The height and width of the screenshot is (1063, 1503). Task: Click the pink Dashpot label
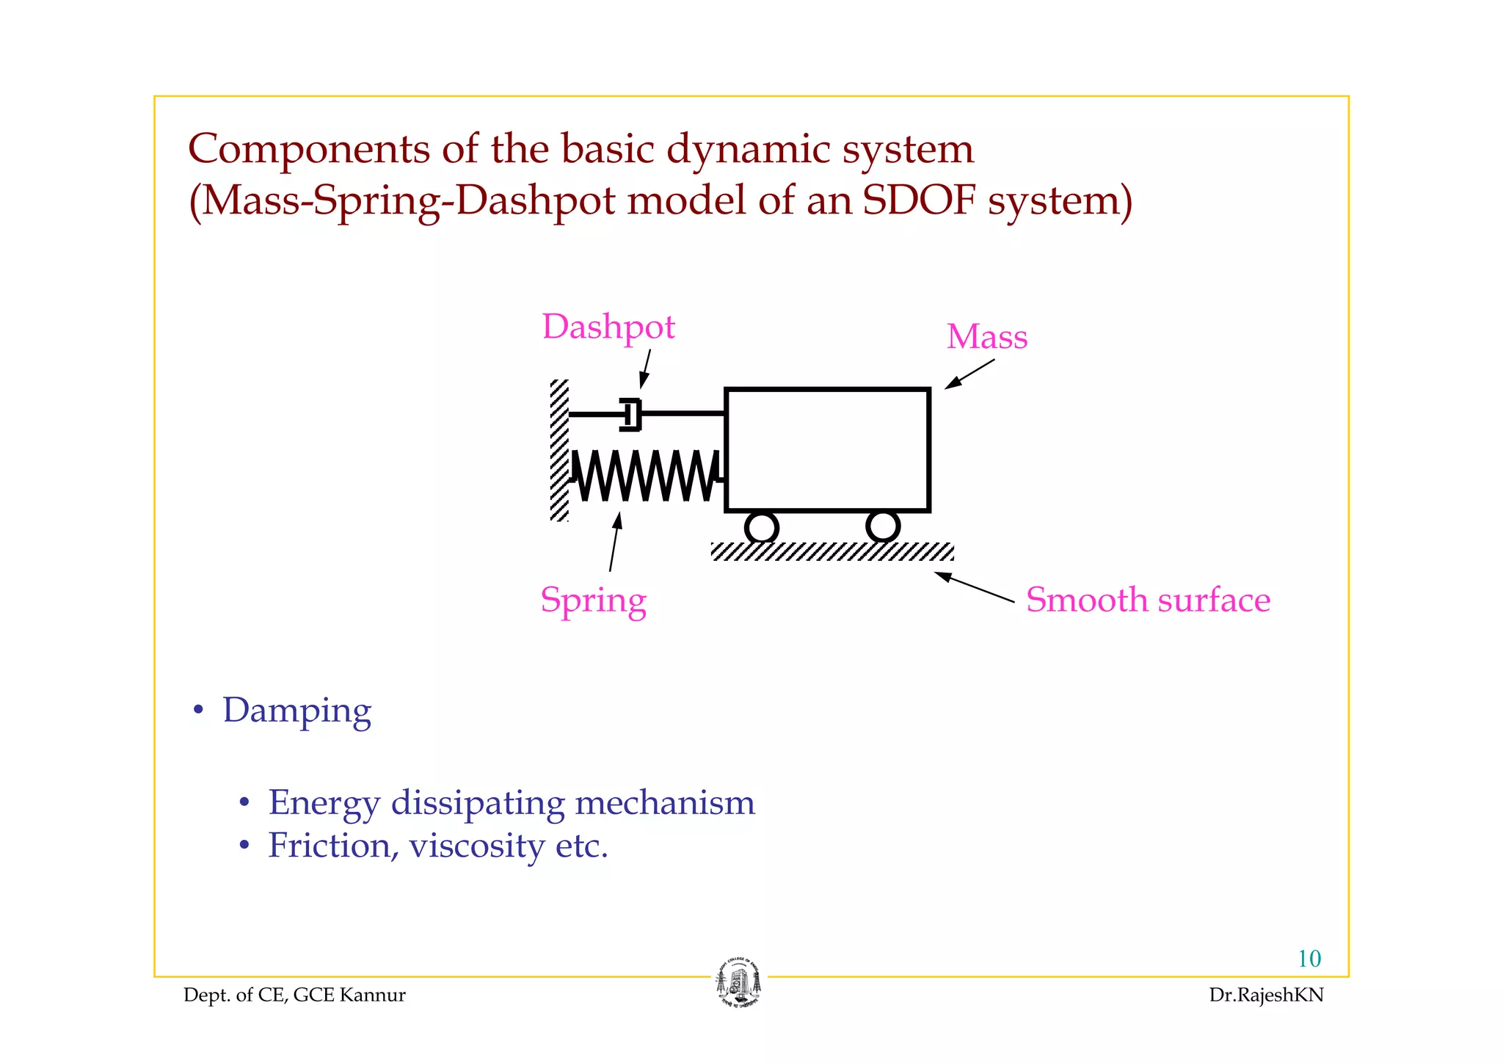pyautogui.click(x=608, y=327)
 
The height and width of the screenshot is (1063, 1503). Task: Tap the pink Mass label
pyautogui.click(x=986, y=337)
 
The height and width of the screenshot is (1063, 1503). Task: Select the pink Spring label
pyautogui.click(x=593, y=601)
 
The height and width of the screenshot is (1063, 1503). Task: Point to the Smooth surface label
pyautogui.click(x=1147, y=601)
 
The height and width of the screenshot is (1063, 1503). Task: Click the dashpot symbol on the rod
pyautogui.click(x=631, y=415)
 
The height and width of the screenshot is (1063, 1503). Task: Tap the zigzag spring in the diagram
pyautogui.click(x=644, y=476)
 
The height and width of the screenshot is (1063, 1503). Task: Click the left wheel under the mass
pyautogui.click(x=761, y=527)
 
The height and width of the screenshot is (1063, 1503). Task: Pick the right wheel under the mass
pyautogui.click(x=882, y=526)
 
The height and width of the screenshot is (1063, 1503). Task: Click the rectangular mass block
pyautogui.click(x=827, y=449)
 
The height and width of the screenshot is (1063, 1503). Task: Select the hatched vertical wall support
pyautogui.click(x=559, y=450)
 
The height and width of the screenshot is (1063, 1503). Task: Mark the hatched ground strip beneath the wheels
pyautogui.click(x=832, y=551)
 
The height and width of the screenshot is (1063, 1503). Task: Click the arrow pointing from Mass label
pyautogui.click(x=969, y=374)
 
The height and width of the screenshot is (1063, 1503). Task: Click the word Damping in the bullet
pyautogui.click(x=296, y=711)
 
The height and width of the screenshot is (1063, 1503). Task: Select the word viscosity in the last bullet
pyautogui.click(x=476, y=846)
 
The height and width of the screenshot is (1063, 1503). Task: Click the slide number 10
pyautogui.click(x=1309, y=959)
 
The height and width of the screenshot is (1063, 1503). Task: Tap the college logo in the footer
pyautogui.click(x=738, y=983)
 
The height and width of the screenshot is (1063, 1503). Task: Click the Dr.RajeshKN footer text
pyautogui.click(x=1266, y=995)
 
